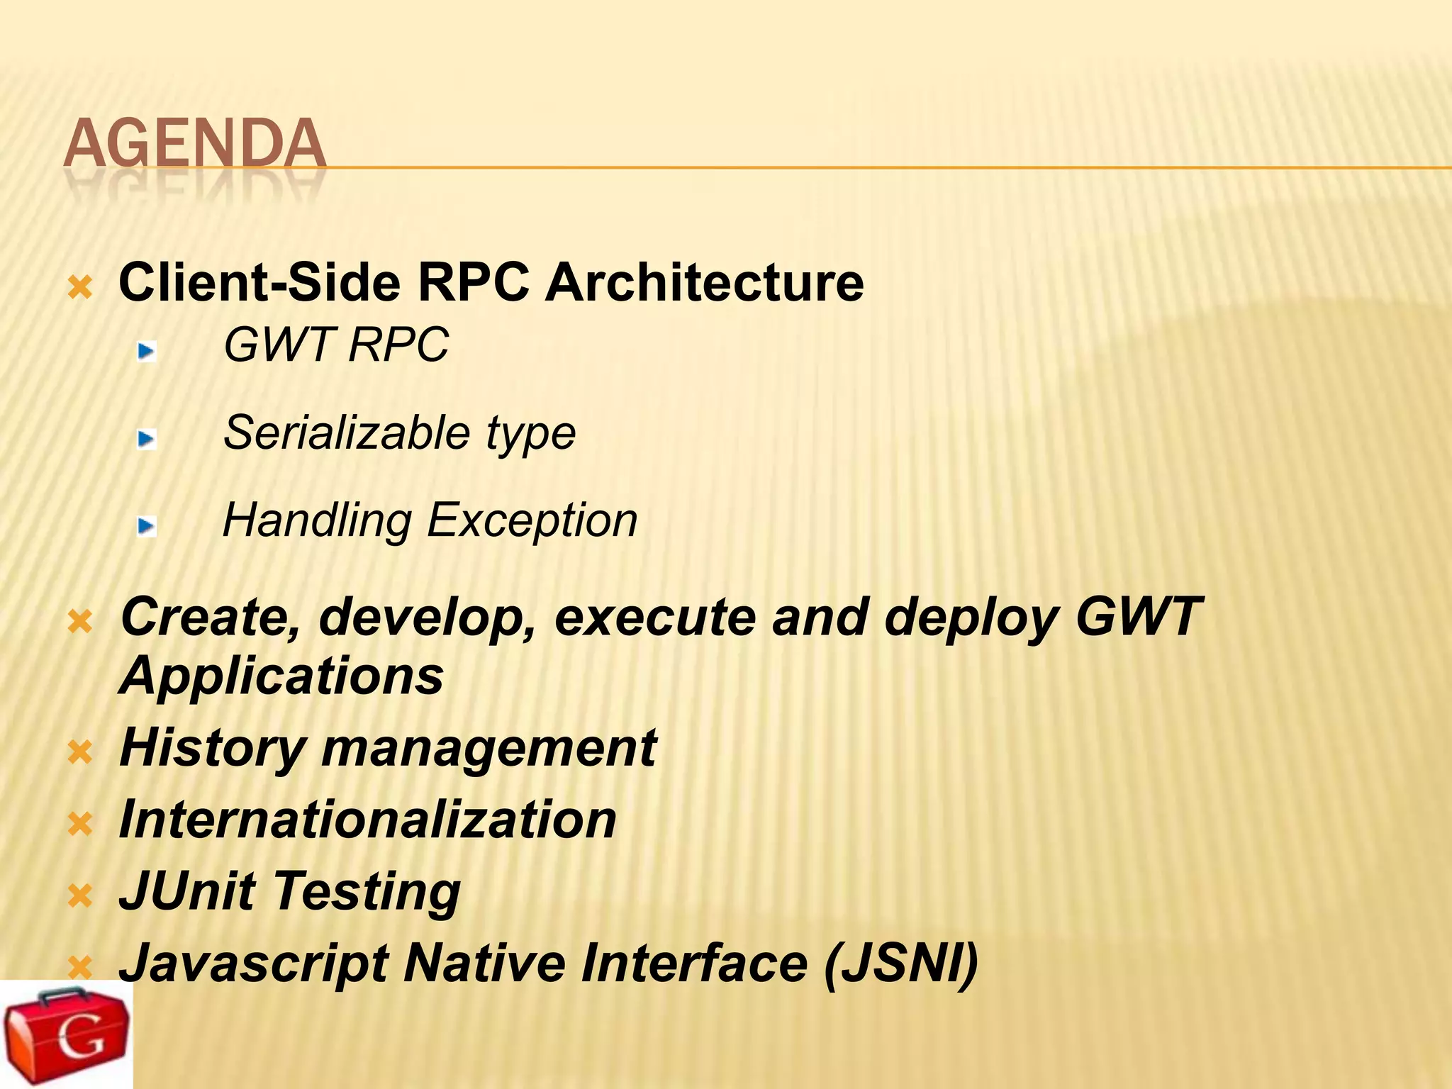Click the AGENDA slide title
194,144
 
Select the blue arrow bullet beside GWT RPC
147,350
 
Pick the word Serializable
347,432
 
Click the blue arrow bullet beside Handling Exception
147,526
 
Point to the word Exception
532,520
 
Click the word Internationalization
367,820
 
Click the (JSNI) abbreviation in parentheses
900,964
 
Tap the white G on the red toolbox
81,1037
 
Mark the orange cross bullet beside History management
80,752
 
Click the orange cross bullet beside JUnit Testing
80,896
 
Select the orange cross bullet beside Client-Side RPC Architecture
80,288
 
